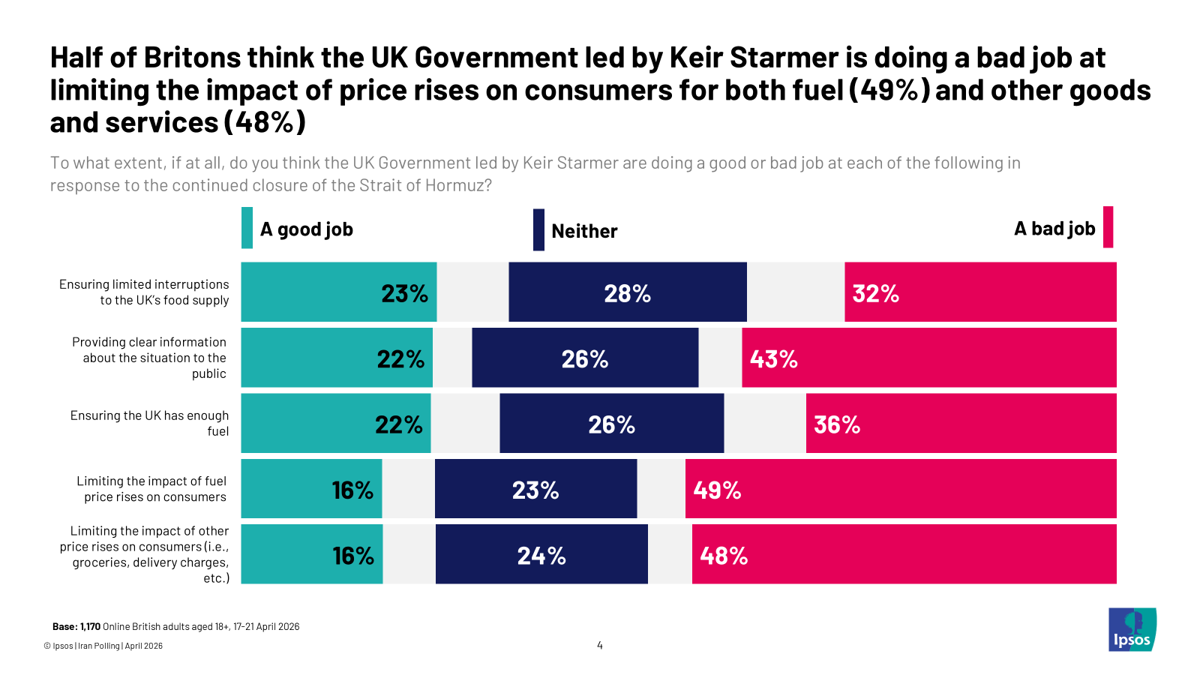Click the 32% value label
[875, 293]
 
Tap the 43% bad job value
[773, 359]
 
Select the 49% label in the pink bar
[717, 490]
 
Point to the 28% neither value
[627, 293]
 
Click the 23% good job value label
[404, 293]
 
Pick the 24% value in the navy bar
[541, 556]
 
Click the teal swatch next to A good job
[247, 228]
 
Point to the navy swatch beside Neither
[538, 230]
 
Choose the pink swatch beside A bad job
[1108, 227]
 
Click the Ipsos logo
[1132, 630]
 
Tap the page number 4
[600, 645]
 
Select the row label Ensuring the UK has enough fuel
[150, 423]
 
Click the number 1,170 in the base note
[90, 627]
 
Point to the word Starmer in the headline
[784, 58]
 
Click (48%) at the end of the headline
[265, 122]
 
